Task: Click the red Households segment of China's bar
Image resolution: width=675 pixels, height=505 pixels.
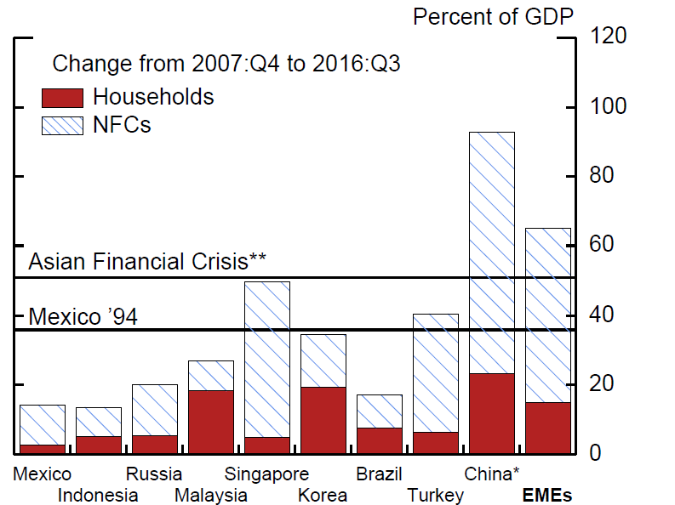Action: pos(492,413)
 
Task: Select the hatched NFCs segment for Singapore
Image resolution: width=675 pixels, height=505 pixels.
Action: pos(267,359)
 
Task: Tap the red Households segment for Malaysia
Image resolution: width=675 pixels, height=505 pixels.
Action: pos(211,422)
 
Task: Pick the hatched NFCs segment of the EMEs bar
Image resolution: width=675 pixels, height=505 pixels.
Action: pos(548,315)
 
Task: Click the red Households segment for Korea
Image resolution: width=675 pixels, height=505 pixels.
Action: pos(323,420)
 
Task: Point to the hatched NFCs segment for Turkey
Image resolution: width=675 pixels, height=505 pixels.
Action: pos(436,372)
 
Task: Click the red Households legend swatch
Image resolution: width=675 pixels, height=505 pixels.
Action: pos(62,97)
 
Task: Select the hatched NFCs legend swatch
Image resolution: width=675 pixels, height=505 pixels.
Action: pos(62,125)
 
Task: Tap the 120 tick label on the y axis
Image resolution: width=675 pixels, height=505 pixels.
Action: pos(608,36)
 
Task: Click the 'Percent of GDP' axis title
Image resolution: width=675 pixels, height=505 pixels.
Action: pos(493,15)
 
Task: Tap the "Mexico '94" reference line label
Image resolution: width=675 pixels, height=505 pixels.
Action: pos(83,316)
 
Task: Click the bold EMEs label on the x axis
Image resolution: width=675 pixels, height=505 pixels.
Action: pos(547,495)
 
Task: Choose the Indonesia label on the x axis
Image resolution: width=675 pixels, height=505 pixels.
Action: pos(98,495)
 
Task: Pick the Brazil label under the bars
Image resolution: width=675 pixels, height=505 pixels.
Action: pos(380,474)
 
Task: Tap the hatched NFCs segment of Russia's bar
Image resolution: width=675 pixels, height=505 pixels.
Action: pos(155,410)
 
